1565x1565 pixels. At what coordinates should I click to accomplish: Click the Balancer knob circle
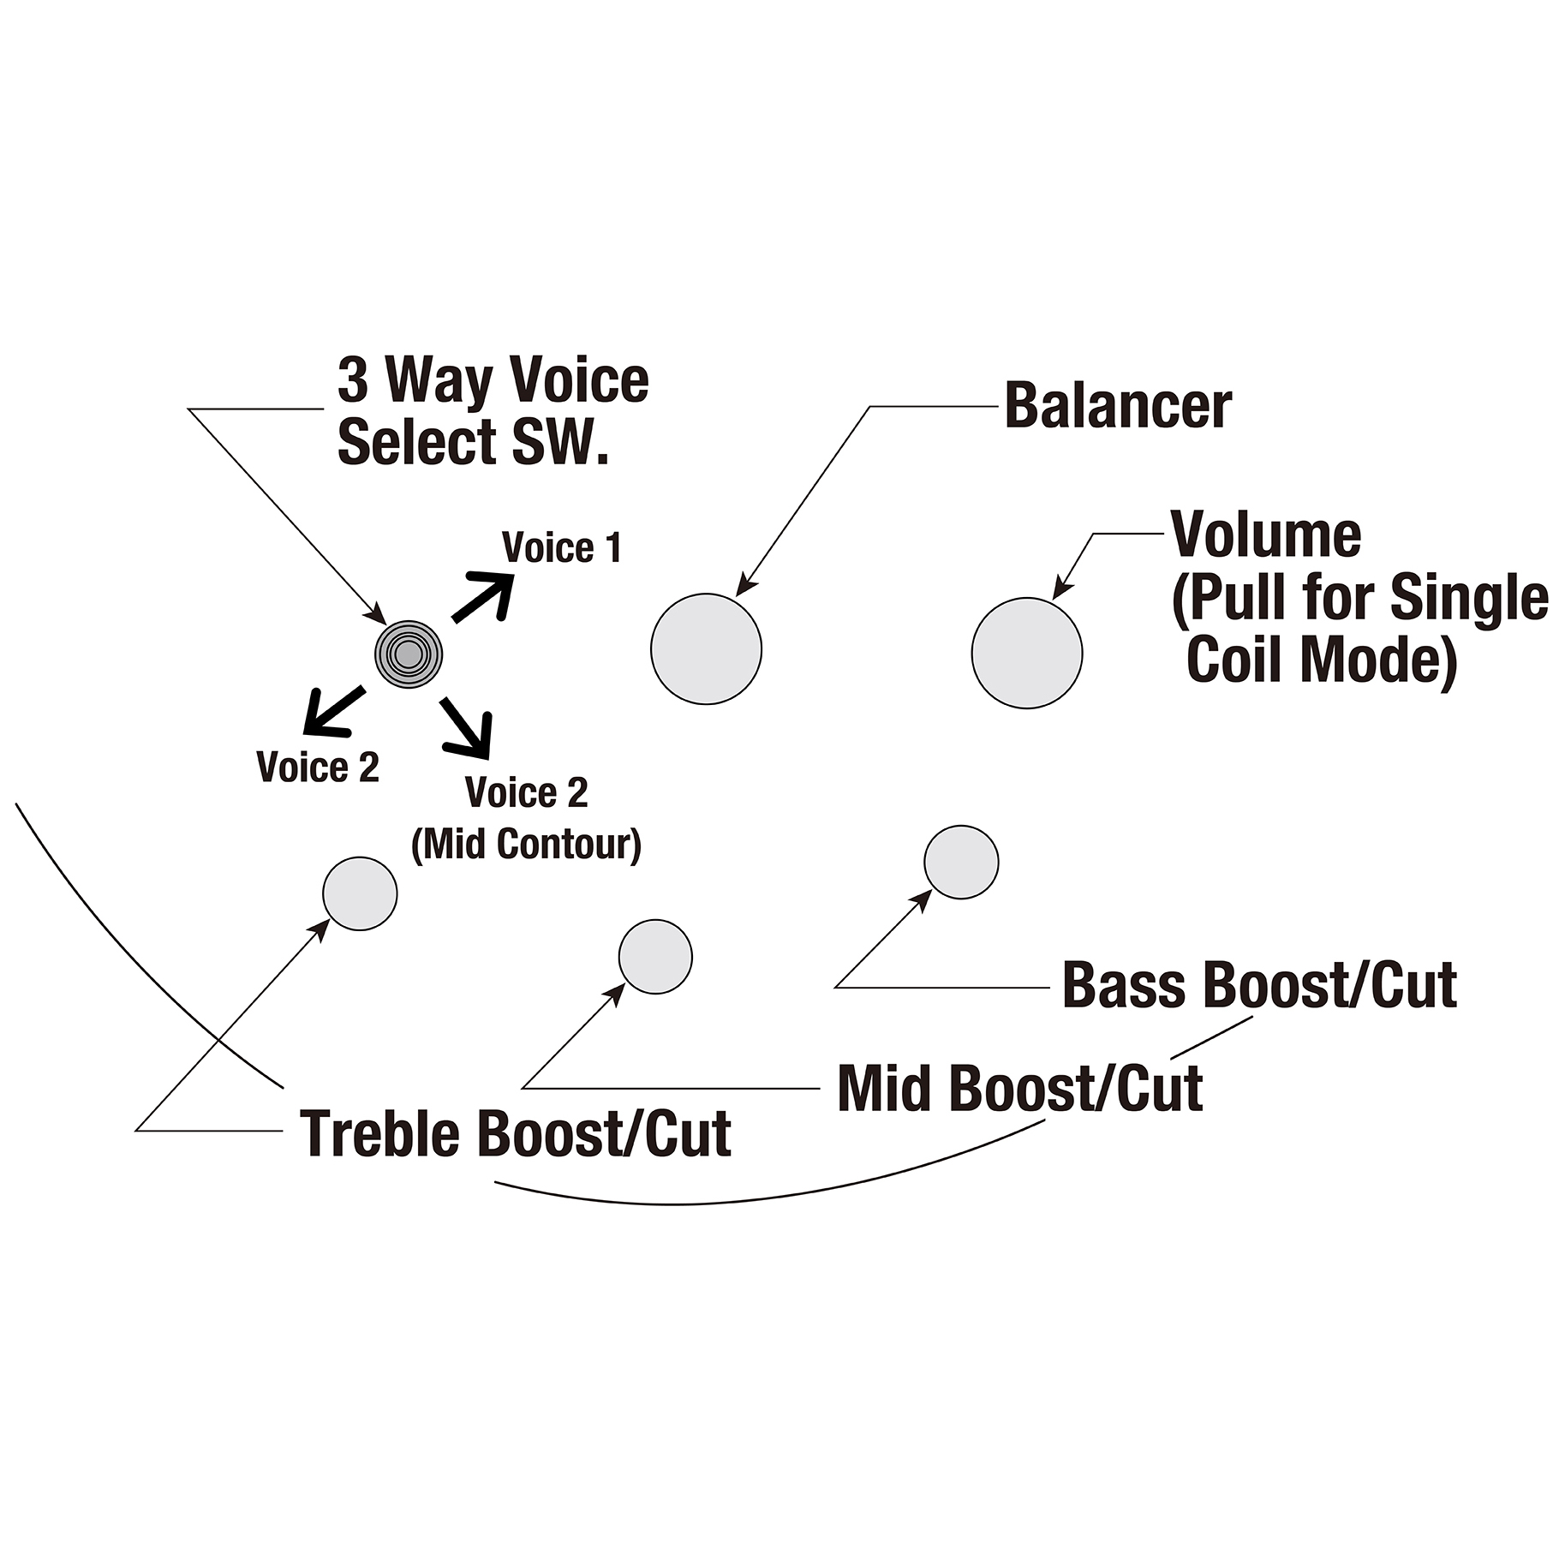pyautogui.click(x=706, y=649)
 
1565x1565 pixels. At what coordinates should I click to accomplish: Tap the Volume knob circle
pyautogui.click(x=1027, y=653)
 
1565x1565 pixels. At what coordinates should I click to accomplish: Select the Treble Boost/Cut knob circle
pyautogui.click(x=360, y=893)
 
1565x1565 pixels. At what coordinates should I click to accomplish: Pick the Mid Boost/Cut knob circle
pyautogui.click(x=655, y=957)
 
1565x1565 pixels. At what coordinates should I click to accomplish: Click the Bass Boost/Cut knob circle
pyautogui.click(x=961, y=862)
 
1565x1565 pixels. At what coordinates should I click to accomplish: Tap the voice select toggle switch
pyautogui.click(x=409, y=654)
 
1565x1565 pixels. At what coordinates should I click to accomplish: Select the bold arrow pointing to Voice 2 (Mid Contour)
pyautogui.click(x=468, y=727)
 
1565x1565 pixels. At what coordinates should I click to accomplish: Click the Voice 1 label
pyautogui.click(x=562, y=548)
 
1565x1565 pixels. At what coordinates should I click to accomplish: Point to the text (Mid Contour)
pyautogui.click(x=526, y=845)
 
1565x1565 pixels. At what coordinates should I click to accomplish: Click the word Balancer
pyautogui.click(x=1118, y=406)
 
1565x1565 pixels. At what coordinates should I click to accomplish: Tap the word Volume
pyautogui.click(x=1266, y=535)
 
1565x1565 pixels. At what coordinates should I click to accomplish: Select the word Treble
pyautogui.click(x=380, y=1132)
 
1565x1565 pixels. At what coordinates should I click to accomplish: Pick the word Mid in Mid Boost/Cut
pyautogui.click(x=886, y=1089)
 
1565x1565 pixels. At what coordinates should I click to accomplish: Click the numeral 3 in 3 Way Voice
pyautogui.click(x=353, y=380)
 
